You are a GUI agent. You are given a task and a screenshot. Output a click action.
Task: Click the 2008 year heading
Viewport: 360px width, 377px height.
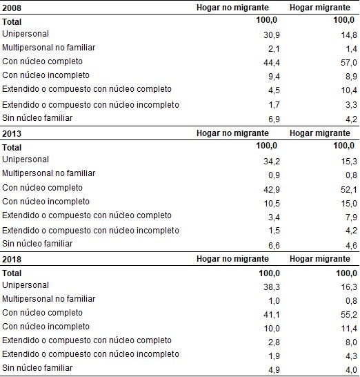point(12,8)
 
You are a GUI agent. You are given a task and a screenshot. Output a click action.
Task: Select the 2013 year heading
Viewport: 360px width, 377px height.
point(12,133)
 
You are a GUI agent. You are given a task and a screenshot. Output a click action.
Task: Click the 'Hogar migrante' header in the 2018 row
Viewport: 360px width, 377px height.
point(320,259)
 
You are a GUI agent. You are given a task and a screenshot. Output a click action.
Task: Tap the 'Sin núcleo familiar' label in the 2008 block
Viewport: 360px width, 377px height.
point(38,118)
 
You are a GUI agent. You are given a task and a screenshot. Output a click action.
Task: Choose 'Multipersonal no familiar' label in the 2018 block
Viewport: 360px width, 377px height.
point(48,299)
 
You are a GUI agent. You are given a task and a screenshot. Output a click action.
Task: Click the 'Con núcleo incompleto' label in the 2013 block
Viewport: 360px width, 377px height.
point(46,202)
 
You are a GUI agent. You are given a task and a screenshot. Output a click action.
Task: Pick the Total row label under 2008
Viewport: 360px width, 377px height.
point(12,21)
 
